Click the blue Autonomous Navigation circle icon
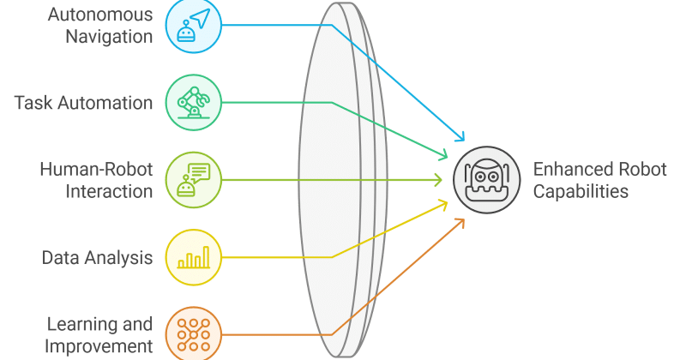pos(194,26)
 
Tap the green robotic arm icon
pos(194,102)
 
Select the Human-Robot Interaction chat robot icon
pos(194,180)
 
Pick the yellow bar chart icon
pos(194,257)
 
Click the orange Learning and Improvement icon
pos(194,334)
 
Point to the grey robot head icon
pos(486,180)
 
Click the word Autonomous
pos(100,15)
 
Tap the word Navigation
pos(109,36)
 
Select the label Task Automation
pos(83,103)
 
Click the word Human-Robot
pos(96,169)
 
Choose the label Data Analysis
pos(97,258)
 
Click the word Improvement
pos(99,346)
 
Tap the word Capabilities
pos(581,191)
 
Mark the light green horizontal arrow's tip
pos(442,180)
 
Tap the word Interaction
pos(109,191)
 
